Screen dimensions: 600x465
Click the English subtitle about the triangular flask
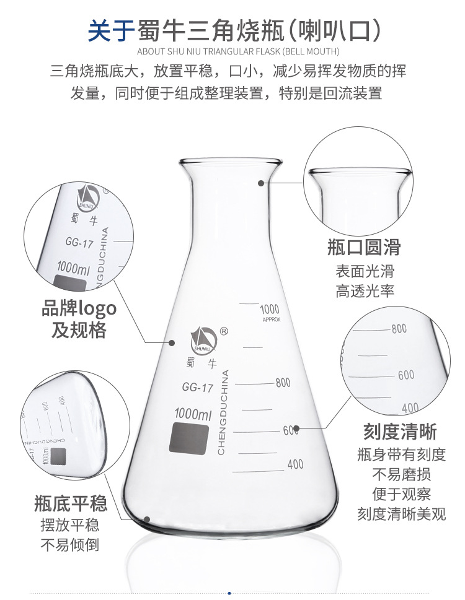(x=238, y=51)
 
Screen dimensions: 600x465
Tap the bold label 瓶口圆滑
(x=364, y=247)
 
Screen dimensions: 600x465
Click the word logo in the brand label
(x=97, y=308)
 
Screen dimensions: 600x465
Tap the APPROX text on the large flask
(x=272, y=320)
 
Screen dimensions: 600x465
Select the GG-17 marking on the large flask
(x=198, y=388)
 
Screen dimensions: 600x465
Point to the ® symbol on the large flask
(x=224, y=331)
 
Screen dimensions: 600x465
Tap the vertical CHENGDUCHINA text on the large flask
(x=224, y=412)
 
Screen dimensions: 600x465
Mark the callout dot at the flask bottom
(x=147, y=520)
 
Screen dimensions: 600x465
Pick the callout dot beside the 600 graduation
(x=296, y=428)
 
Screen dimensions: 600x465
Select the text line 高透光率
(x=365, y=291)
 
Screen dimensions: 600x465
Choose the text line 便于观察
(x=401, y=494)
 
